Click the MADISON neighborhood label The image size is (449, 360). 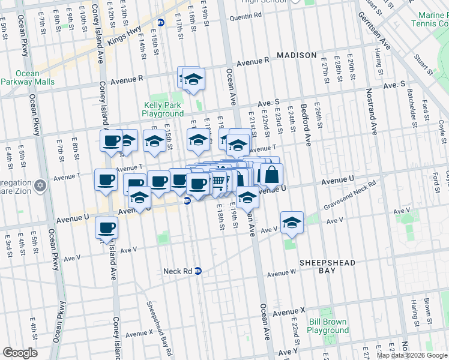297,55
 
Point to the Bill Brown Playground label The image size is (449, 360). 328,326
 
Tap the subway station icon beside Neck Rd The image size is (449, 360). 198,271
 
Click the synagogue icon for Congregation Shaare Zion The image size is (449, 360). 40,184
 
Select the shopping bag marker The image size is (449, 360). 271,175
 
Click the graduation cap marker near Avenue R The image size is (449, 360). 193,79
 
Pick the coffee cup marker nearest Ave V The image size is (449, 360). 106,227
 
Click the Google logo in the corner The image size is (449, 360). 20,353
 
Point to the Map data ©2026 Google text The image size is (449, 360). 411,355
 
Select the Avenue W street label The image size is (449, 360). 282,273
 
